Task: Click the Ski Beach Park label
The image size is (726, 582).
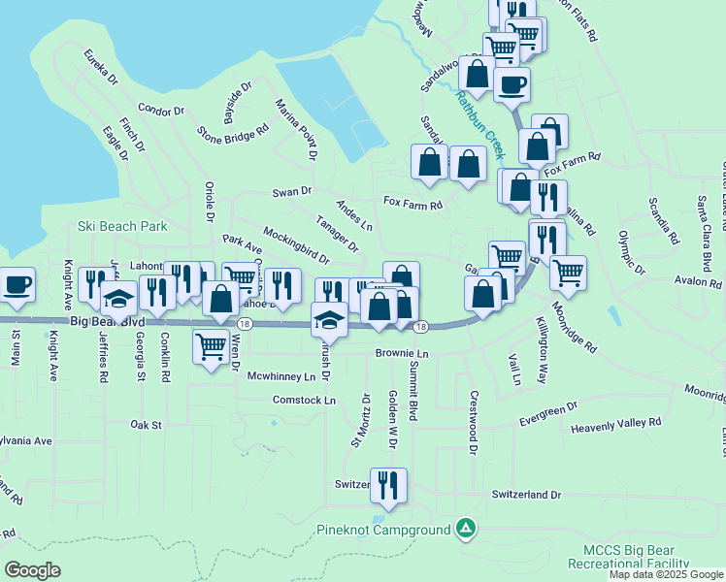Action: [x=122, y=227]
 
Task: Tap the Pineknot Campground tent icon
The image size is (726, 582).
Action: [x=467, y=529]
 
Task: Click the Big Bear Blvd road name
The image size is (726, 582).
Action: [x=107, y=321]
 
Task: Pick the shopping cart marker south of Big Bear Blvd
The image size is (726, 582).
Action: [x=211, y=346]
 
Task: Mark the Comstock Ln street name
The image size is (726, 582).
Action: [x=304, y=400]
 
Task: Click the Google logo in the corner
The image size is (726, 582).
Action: [x=32, y=569]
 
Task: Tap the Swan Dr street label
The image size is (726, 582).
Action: [x=291, y=192]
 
